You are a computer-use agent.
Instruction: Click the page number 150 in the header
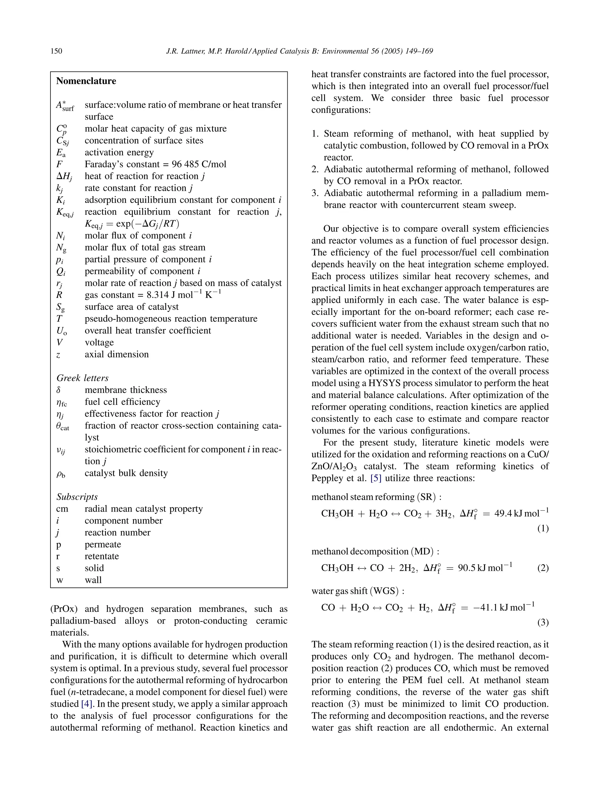click(x=56, y=51)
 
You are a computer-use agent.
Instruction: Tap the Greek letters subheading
click(x=82, y=378)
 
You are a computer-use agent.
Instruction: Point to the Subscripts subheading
click(x=77, y=497)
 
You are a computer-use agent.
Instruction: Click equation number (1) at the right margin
click(x=543, y=528)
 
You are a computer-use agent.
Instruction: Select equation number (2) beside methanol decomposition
click(x=543, y=568)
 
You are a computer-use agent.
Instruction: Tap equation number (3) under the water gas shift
click(x=543, y=622)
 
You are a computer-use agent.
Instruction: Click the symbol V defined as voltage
click(x=59, y=342)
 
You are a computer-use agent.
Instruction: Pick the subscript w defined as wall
click(x=59, y=580)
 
